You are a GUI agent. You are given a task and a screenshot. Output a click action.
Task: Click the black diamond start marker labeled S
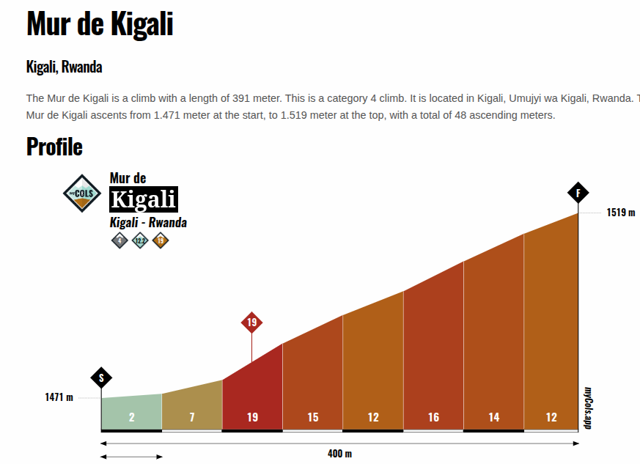tap(101, 378)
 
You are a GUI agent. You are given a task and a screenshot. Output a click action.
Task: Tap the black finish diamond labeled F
tap(578, 194)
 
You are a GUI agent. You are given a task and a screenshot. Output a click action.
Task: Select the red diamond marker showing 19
tap(251, 323)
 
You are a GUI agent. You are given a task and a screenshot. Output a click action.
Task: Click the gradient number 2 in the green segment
tap(131, 418)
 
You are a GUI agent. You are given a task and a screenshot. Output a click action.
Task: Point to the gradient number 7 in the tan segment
tap(191, 418)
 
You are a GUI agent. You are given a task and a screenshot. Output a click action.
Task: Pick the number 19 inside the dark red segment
tap(252, 418)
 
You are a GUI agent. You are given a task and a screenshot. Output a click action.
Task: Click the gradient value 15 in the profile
tap(313, 418)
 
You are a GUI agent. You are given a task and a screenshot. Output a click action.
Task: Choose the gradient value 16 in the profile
tap(433, 418)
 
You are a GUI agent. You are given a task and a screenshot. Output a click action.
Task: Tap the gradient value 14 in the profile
tap(493, 418)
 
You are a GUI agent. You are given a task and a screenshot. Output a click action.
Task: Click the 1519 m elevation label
tap(620, 213)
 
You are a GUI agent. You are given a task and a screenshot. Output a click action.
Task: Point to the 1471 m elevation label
tap(59, 397)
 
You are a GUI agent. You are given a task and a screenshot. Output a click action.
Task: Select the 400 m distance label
tap(339, 454)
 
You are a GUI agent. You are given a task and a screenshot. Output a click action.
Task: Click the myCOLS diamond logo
tap(81, 194)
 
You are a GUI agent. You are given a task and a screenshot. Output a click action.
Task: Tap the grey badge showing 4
tap(119, 240)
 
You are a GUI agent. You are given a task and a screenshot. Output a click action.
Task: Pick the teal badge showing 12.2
tap(140, 240)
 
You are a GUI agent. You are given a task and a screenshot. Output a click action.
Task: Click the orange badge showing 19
tap(161, 240)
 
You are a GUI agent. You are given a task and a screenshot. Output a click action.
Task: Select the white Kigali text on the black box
tap(144, 199)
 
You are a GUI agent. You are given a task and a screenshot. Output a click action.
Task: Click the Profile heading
tap(54, 147)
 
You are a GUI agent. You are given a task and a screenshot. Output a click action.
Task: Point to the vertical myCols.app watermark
tap(588, 408)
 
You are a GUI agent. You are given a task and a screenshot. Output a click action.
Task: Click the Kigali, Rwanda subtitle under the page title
tap(64, 67)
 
